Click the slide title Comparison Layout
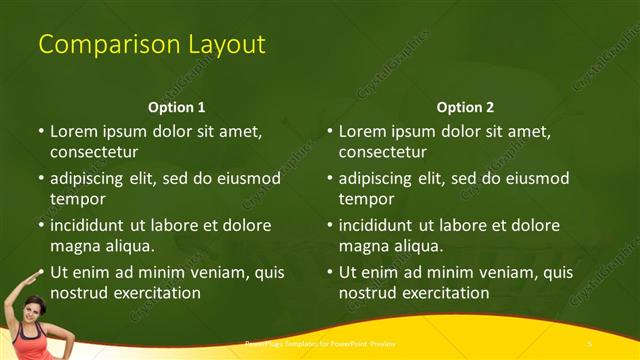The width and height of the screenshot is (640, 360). [151, 45]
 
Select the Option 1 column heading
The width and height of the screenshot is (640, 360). [177, 107]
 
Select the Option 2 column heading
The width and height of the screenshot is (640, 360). [465, 107]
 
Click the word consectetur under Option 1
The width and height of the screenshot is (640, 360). [94, 152]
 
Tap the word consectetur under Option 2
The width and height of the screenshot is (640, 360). [383, 152]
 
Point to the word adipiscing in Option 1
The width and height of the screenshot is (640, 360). [90, 179]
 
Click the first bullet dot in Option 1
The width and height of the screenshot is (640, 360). [41, 131]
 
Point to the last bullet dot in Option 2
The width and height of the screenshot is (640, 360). [330, 272]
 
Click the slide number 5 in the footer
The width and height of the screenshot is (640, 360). [590, 343]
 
